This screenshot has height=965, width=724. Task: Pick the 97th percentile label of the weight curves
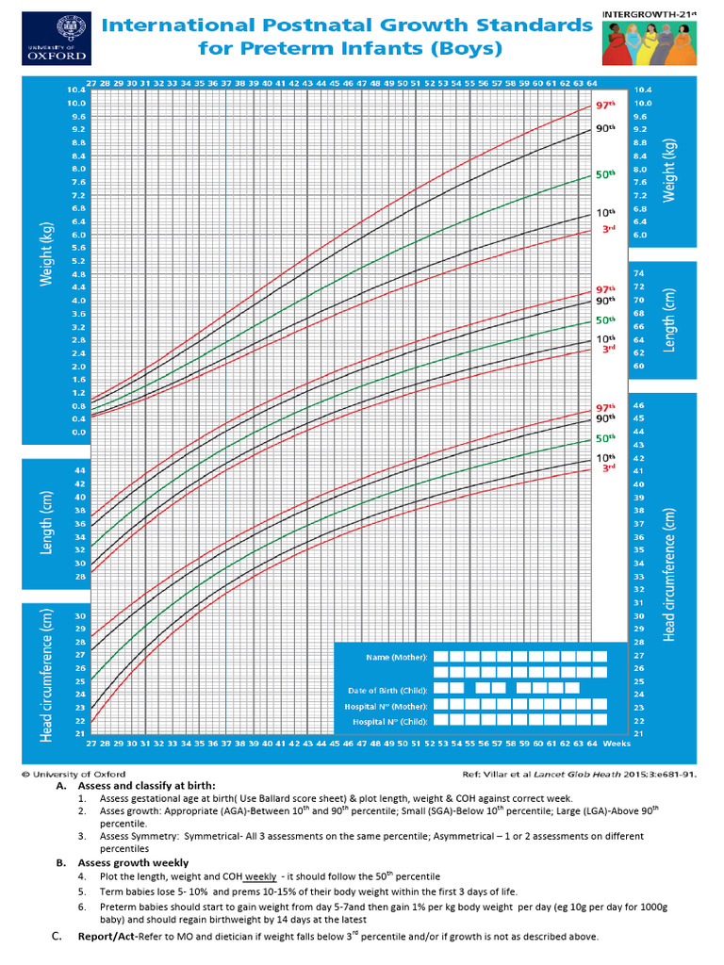click(605, 106)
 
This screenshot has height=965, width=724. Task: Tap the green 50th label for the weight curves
click(605, 174)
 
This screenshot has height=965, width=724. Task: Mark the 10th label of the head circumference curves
click(604, 457)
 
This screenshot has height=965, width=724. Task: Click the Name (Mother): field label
click(397, 656)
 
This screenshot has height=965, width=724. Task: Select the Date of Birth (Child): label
click(388, 690)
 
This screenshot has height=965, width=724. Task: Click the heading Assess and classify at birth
click(147, 785)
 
